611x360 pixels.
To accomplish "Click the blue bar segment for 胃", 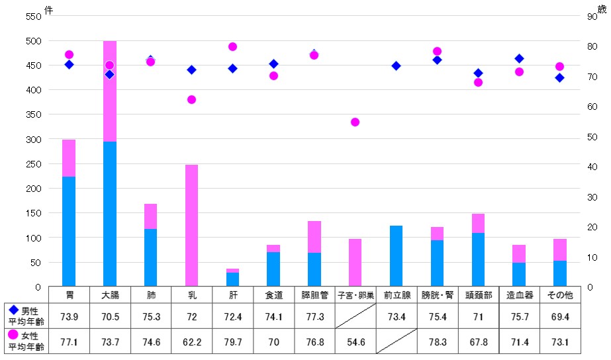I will click(69, 232).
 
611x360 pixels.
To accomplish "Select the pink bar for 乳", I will click(191, 225).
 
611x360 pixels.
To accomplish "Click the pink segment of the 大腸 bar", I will click(110, 91).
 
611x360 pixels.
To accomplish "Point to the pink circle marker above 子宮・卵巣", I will click(355, 122).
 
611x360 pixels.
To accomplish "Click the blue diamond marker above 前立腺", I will click(397, 66).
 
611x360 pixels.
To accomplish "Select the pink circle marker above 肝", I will click(232, 46).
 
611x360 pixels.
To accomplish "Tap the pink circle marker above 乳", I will click(191, 99).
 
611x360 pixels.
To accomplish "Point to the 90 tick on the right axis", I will click(592, 17).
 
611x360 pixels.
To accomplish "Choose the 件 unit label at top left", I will click(48, 9).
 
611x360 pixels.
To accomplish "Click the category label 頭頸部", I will click(479, 294).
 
